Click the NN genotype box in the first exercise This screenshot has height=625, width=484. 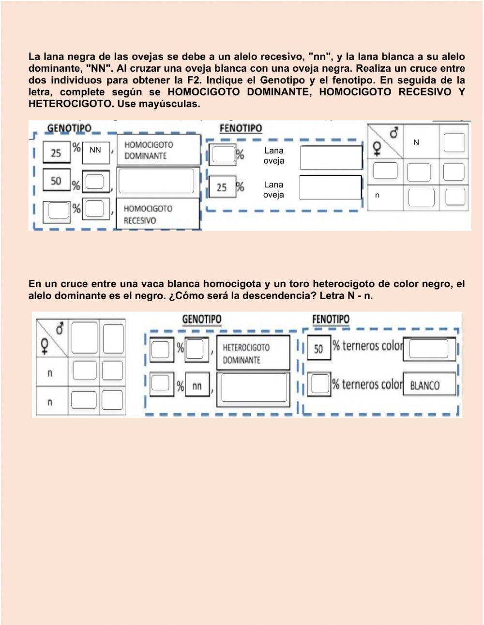coord(95,151)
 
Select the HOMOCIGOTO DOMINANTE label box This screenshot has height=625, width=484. coord(158,150)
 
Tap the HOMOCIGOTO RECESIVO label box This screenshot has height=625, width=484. coord(158,214)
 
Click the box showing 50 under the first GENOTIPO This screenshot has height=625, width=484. coord(56,181)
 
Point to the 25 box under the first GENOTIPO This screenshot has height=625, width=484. coord(56,153)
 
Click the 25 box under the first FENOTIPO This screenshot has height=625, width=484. coord(222,187)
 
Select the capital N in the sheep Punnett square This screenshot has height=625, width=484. coord(416,142)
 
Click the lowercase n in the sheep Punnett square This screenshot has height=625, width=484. coord(378,195)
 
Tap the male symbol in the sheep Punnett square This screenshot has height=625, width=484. coord(394,133)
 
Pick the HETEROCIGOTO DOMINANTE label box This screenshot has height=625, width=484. coord(253,353)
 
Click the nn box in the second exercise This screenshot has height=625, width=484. coord(197,386)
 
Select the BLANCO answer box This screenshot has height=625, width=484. coord(429,385)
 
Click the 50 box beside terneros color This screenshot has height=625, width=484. coord(318,349)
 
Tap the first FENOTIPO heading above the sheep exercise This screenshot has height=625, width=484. coord(241,128)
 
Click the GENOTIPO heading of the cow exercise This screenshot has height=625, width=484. coord(201,319)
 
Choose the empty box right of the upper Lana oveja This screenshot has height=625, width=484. coord(331,157)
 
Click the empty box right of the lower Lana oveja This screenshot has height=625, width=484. coord(331,187)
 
